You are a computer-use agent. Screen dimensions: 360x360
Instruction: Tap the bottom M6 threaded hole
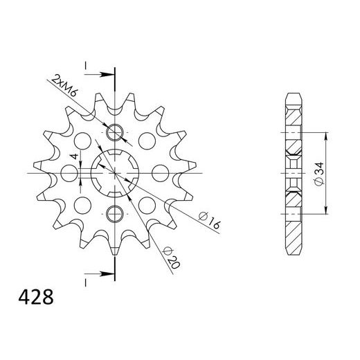pyautogui.click(x=114, y=211)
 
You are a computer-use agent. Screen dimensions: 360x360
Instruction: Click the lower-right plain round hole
pyautogui.click(x=147, y=204)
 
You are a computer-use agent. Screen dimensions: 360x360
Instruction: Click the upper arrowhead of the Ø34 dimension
pyautogui.click(x=326, y=132)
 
